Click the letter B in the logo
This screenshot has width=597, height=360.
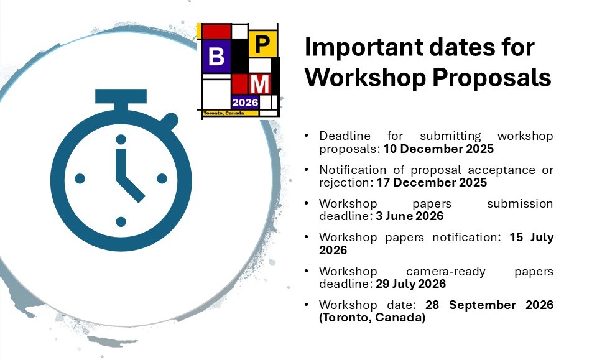(216, 57)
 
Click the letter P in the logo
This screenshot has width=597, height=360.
(263, 44)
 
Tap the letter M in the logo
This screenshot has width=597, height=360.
(262, 83)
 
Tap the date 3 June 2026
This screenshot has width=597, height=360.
(409, 216)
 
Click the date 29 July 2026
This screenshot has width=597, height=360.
(411, 284)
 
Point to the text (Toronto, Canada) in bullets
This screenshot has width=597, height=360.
(372, 318)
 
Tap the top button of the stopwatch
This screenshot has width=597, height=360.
(121, 96)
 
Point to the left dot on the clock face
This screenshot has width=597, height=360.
(80, 178)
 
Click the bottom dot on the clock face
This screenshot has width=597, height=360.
(121, 221)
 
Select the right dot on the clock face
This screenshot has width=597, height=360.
(162, 178)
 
